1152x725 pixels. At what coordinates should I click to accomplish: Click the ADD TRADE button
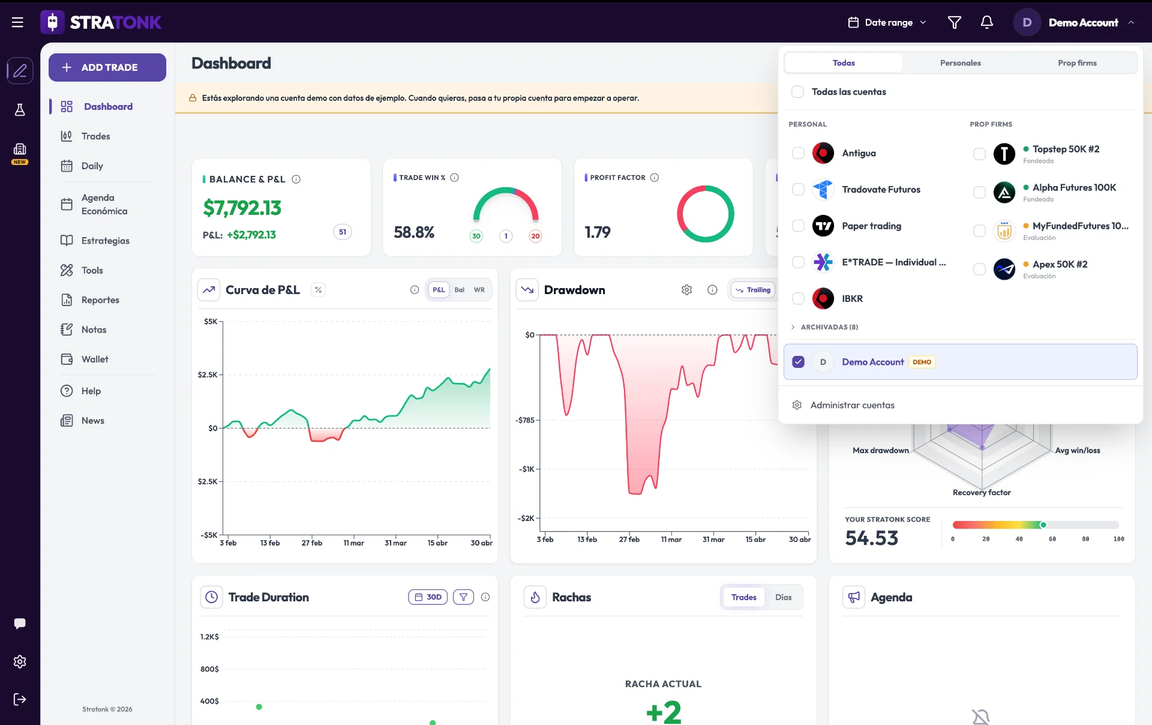pos(107,67)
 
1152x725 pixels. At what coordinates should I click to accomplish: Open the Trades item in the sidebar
pos(95,136)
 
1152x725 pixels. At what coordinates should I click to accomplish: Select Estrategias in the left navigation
pos(105,241)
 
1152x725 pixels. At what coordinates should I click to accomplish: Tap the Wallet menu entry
pos(95,359)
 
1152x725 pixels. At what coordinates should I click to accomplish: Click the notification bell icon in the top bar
pos(986,22)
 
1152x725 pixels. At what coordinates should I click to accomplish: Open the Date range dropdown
pos(887,22)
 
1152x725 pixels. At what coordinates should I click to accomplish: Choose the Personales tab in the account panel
pos(960,63)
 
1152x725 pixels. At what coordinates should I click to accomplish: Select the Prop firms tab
pos(1077,63)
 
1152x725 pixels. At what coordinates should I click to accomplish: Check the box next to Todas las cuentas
pos(797,92)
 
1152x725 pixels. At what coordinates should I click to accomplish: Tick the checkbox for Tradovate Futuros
pos(798,190)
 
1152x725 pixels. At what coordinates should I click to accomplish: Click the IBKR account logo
pos(823,298)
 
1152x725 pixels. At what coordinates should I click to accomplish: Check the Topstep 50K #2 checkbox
pos(979,154)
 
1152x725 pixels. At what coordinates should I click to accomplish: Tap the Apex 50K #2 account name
pos(1060,264)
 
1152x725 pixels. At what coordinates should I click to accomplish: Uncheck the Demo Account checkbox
pos(798,362)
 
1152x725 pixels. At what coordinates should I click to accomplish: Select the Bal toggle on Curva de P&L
pos(459,290)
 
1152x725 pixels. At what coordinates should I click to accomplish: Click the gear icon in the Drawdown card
pos(686,290)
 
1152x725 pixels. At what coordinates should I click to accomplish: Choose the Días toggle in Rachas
pos(783,597)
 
